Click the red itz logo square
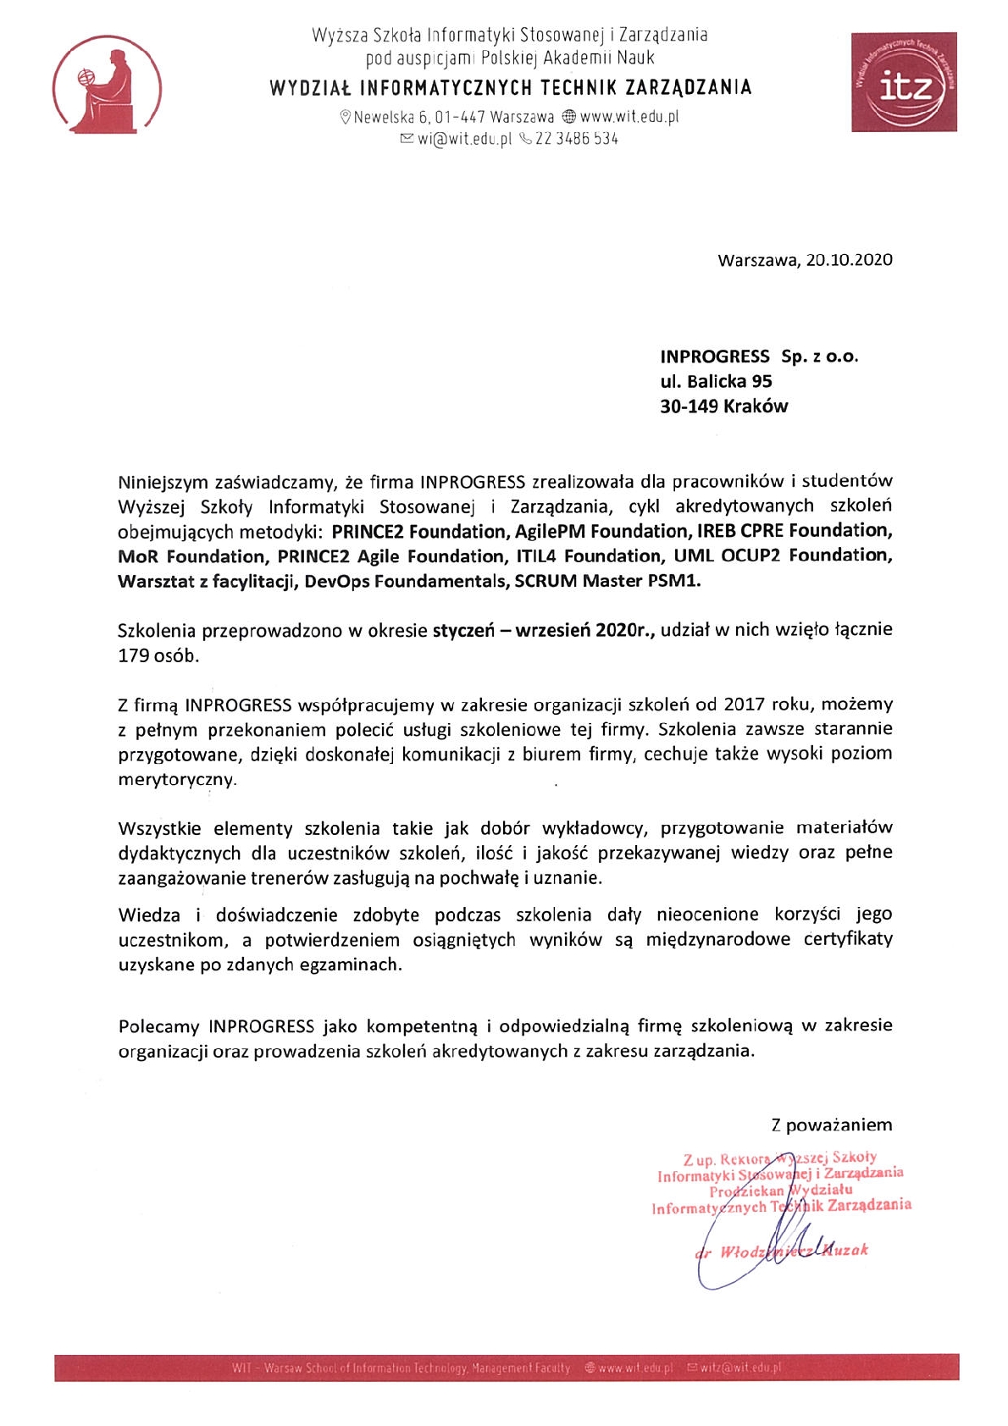click(904, 82)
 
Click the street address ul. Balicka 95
click(716, 381)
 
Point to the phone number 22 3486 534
click(576, 139)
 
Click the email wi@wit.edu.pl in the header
click(464, 139)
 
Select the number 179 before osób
click(133, 655)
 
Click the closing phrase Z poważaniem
click(831, 1125)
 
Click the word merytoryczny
click(176, 780)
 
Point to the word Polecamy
click(158, 1026)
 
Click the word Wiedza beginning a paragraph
click(149, 915)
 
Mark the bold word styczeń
click(463, 631)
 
